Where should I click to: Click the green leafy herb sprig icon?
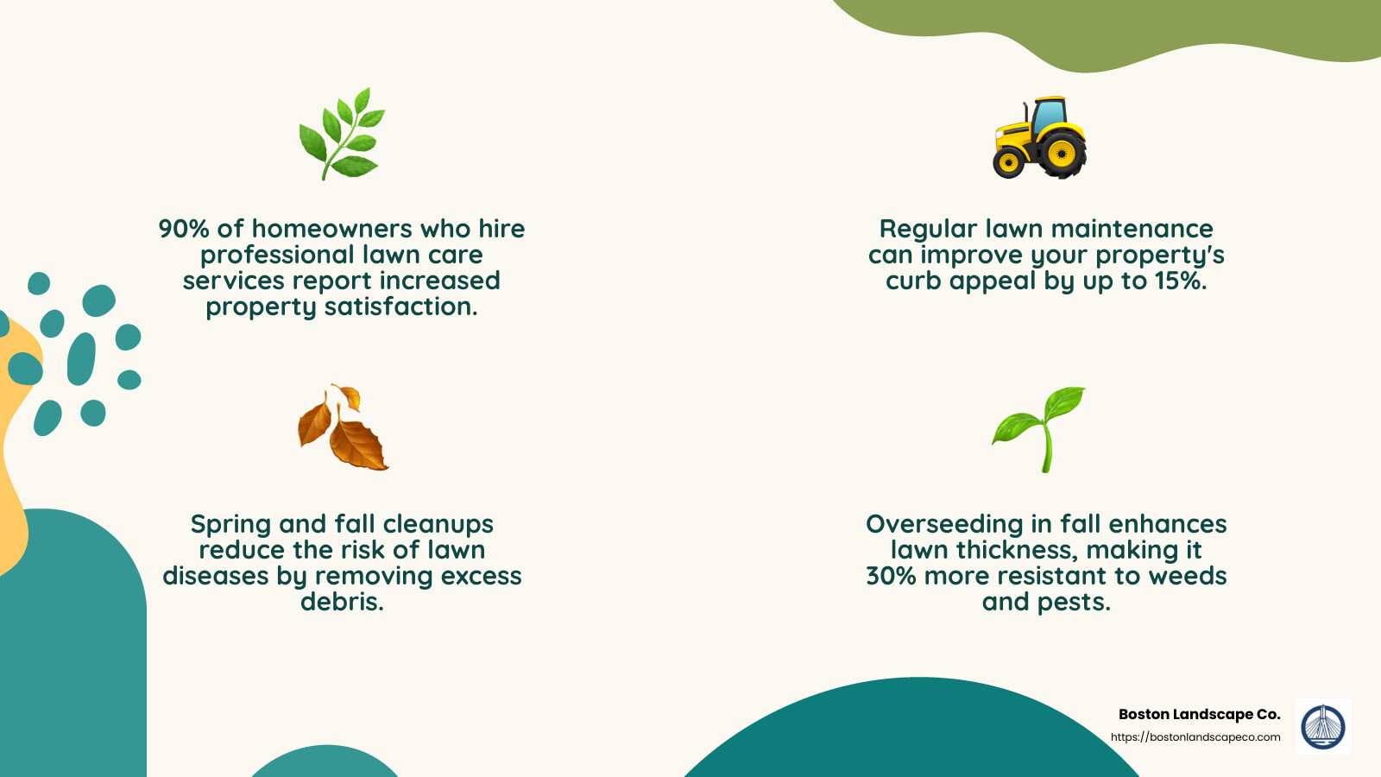342,134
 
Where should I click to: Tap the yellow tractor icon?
1039,138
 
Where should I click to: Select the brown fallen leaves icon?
342,428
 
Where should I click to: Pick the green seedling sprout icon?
1040,428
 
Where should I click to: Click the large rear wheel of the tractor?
1061,155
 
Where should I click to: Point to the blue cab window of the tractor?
1048,116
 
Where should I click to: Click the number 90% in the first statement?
183,229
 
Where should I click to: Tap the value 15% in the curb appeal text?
1179,281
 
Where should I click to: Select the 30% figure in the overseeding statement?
891,576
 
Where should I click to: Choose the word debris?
342,602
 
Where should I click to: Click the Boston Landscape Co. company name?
1199,714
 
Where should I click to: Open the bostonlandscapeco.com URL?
1195,737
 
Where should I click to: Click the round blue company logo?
1323,726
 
